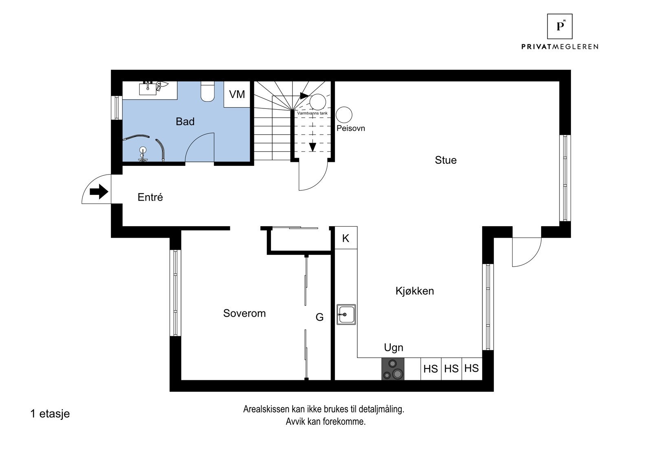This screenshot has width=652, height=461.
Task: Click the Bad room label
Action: (x=185, y=121)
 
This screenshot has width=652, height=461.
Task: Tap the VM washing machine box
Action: (x=237, y=94)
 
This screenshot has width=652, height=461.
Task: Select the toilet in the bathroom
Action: (x=207, y=91)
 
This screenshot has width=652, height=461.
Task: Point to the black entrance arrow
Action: (x=99, y=192)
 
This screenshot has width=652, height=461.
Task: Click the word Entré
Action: (x=150, y=197)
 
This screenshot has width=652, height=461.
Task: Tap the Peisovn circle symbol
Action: (x=344, y=115)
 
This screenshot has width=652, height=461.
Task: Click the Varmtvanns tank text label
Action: (x=312, y=113)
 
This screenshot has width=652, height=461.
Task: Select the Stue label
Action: (x=446, y=160)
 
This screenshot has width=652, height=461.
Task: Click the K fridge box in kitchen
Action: (x=346, y=238)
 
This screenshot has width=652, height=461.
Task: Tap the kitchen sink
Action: (x=346, y=315)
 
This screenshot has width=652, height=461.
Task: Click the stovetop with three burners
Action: (x=393, y=369)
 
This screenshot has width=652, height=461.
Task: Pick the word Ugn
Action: (x=394, y=348)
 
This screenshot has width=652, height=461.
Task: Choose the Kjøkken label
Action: (x=414, y=291)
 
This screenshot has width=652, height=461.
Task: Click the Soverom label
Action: (x=244, y=313)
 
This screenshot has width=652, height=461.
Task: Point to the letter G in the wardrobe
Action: (x=319, y=317)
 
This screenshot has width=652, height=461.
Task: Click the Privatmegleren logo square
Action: (x=560, y=26)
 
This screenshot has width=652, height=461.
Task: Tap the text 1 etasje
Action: (x=50, y=414)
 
